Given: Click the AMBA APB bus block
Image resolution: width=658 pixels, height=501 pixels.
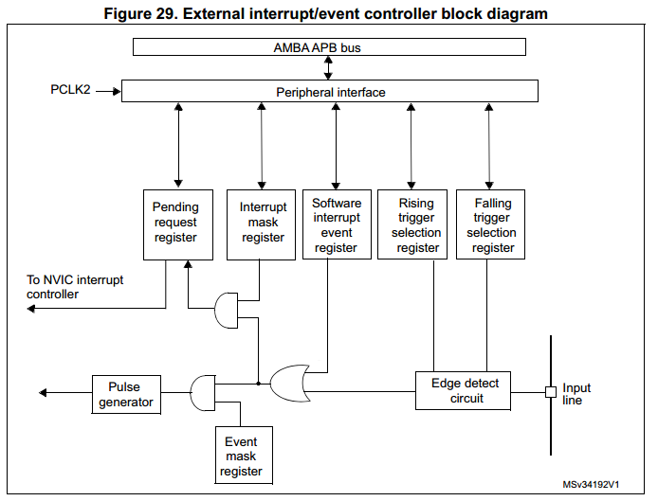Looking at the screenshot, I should [x=330, y=46].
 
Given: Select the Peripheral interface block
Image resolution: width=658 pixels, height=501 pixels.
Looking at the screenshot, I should [x=330, y=91].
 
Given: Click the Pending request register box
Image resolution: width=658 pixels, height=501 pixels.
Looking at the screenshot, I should [x=176, y=224].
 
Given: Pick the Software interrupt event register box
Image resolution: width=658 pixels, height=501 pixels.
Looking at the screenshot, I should [x=336, y=224].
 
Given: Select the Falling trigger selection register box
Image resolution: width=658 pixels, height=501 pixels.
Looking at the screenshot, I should [x=492, y=224].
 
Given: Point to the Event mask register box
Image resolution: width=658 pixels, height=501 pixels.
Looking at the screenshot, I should [x=241, y=456].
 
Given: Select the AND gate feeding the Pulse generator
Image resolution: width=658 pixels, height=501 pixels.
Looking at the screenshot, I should [x=203, y=393].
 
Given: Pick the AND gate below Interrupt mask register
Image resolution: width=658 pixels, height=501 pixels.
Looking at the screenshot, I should [x=228, y=310].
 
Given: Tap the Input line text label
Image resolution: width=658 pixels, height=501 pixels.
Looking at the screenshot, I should [x=576, y=394].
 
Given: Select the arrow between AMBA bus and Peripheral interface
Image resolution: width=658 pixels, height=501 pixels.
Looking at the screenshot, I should [x=329, y=68].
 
